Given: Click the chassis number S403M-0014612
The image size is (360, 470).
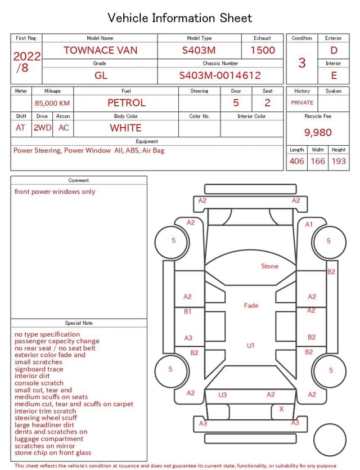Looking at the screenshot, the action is coord(220,75).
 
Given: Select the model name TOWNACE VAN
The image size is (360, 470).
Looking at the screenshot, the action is coord(100,50).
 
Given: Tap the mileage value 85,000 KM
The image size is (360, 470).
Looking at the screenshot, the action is coord(52,103).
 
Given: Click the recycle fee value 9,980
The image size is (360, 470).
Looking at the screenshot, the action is coord(318,132).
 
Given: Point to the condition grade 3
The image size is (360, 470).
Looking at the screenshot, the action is coord(302,63).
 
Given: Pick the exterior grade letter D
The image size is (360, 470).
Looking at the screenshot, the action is coord(334,50).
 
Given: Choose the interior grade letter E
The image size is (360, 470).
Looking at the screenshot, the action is coord(334,75).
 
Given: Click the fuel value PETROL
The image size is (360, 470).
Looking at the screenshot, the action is coord(127,103).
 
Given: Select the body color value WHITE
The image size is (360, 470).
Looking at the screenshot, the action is coord(125,128).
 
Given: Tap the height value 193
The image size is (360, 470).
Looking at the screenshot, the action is coord(339,161).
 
